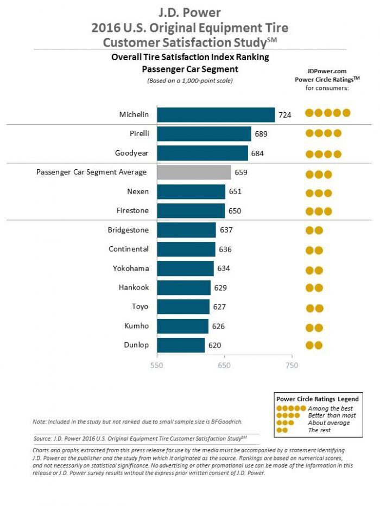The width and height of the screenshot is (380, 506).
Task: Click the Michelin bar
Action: (x=216, y=115)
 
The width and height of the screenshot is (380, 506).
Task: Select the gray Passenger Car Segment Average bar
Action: (x=194, y=172)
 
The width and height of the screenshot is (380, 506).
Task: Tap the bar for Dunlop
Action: (x=181, y=345)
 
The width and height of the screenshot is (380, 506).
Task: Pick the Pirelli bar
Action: (x=204, y=134)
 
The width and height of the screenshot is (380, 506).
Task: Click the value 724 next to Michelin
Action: (x=286, y=115)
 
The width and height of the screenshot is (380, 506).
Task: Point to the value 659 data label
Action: (x=242, y=172)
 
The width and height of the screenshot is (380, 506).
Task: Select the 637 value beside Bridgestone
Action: (x=226, y=230)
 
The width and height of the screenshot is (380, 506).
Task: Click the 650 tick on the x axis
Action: (x=224, y=366)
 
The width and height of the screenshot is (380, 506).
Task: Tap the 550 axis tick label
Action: (x=156, y=366)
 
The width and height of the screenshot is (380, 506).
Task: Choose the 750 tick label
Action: (x=292, y=366)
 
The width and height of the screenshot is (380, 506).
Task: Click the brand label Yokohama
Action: (x=131, y=268)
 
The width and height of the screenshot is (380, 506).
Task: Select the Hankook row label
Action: (x=134, y=287)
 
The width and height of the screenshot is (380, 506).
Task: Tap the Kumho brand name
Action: (x=136, y=325)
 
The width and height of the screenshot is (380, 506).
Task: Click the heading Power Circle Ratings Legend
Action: (x=318, y=399)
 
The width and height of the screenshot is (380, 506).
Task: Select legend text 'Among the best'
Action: (x=330, y=408)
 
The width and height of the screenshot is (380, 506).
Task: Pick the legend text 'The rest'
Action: (x=320, y=430)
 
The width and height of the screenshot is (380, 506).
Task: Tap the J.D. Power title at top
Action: (x=189, y=12)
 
